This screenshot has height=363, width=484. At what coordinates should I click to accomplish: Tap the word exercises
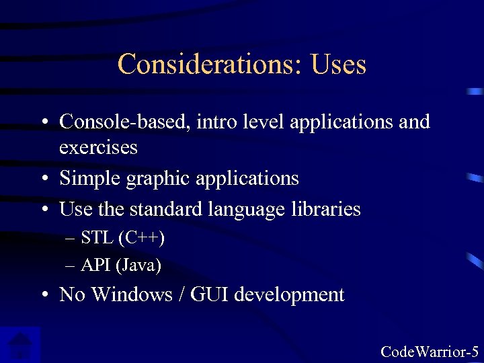point(98,147)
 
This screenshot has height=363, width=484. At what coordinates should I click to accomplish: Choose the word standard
point(161,209)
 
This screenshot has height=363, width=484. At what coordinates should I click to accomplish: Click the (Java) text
point(138,266)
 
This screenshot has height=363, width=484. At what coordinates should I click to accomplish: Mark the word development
point(292,294)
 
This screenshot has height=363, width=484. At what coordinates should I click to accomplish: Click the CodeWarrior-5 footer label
point(430,351)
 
